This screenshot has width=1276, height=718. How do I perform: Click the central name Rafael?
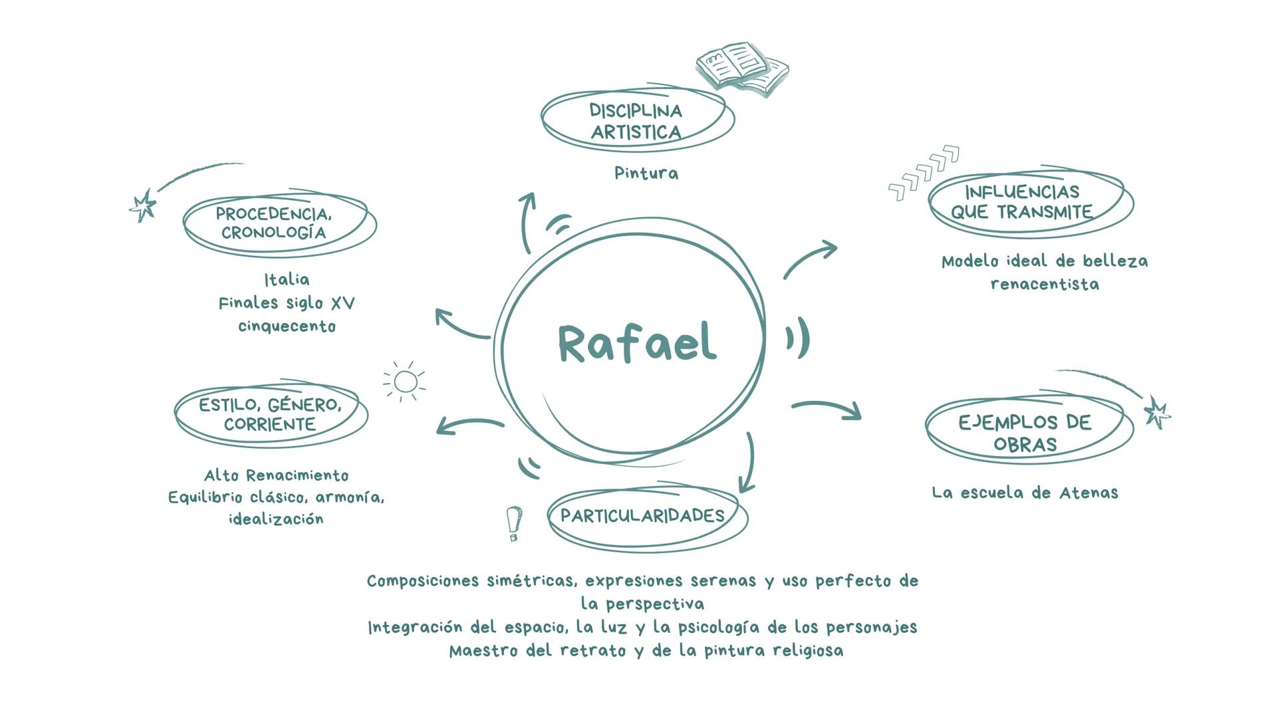[637, 343]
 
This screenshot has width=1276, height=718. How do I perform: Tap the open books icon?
[741, 67]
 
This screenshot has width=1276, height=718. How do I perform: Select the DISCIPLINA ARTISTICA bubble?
[636, 121]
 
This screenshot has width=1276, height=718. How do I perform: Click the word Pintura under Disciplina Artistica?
[646, 174]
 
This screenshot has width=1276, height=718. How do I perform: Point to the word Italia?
[287, 279]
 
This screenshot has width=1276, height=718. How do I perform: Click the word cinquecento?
[287, 326]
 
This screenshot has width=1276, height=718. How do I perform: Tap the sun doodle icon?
[405, 382]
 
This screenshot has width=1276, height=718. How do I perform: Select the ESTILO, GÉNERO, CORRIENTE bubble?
[270, 414]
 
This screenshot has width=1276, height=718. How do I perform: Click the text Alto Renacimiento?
[276, 475]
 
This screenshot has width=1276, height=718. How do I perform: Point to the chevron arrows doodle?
[924, 172]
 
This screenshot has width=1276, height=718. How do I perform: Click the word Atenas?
[1088, 493]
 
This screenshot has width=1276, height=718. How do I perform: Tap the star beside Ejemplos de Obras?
[1157, 413]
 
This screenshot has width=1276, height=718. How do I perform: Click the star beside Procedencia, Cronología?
[143, 205]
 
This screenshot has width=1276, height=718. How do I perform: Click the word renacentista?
[1045, 285]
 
